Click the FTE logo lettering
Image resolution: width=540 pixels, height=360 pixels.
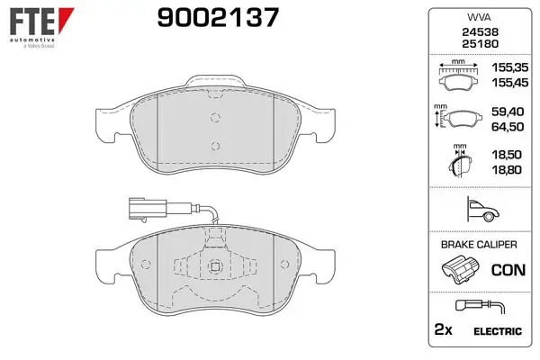pyautogui.click(x=32, y=22)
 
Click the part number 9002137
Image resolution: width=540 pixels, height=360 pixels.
pyautogui.click(x=218, y=18)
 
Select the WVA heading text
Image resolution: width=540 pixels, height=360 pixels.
pyautogui.click(x=479, y=17)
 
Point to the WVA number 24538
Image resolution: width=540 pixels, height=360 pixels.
pyautogui.click(x=480, y=32)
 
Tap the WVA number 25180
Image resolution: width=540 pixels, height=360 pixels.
pyautogui.click(x=480, y=44)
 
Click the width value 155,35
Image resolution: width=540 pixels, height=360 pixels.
pyautogui.click(x=509, y=67)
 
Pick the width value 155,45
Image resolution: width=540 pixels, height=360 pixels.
pyautogui.click(x=509, y=83)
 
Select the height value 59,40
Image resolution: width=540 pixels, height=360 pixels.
pyautogui.click(x=508, y=112)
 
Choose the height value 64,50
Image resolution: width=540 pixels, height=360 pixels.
pyautogui.click(x=508, y=127)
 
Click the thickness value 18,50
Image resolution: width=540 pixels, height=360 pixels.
pyautogui.click(x=507, y=155)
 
